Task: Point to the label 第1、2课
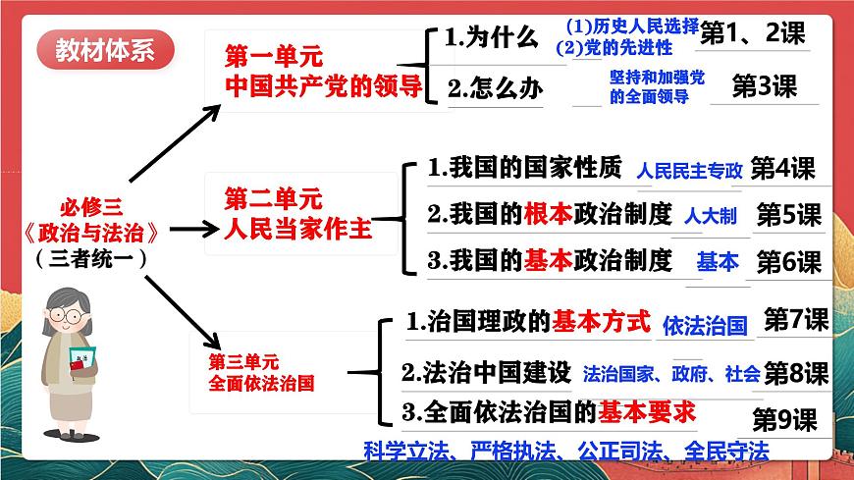752,34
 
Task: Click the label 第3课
765,86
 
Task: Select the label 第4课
782,169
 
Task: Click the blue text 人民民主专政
689,171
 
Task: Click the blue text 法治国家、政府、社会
670,374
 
